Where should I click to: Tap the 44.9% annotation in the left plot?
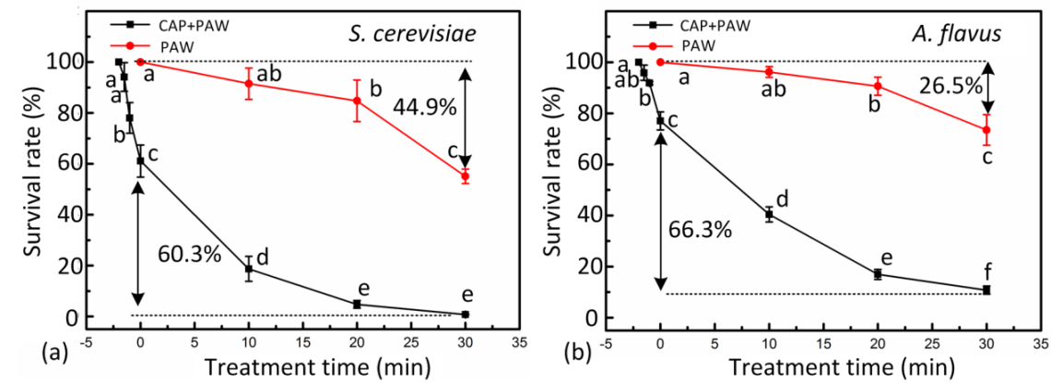pyautogui.click(x=425, y=107)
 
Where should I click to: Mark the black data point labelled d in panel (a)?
pyautogui.click(x=248, y=269)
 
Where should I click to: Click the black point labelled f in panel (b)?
pyautogui.click(x=986, y=290)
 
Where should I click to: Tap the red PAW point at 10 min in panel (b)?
pyautogui.click(x=769, y=72)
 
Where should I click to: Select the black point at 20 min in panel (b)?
pyautogui.click(x=878, y=274)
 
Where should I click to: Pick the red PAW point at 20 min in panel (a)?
pyautogui.click(x=357, y=101)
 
